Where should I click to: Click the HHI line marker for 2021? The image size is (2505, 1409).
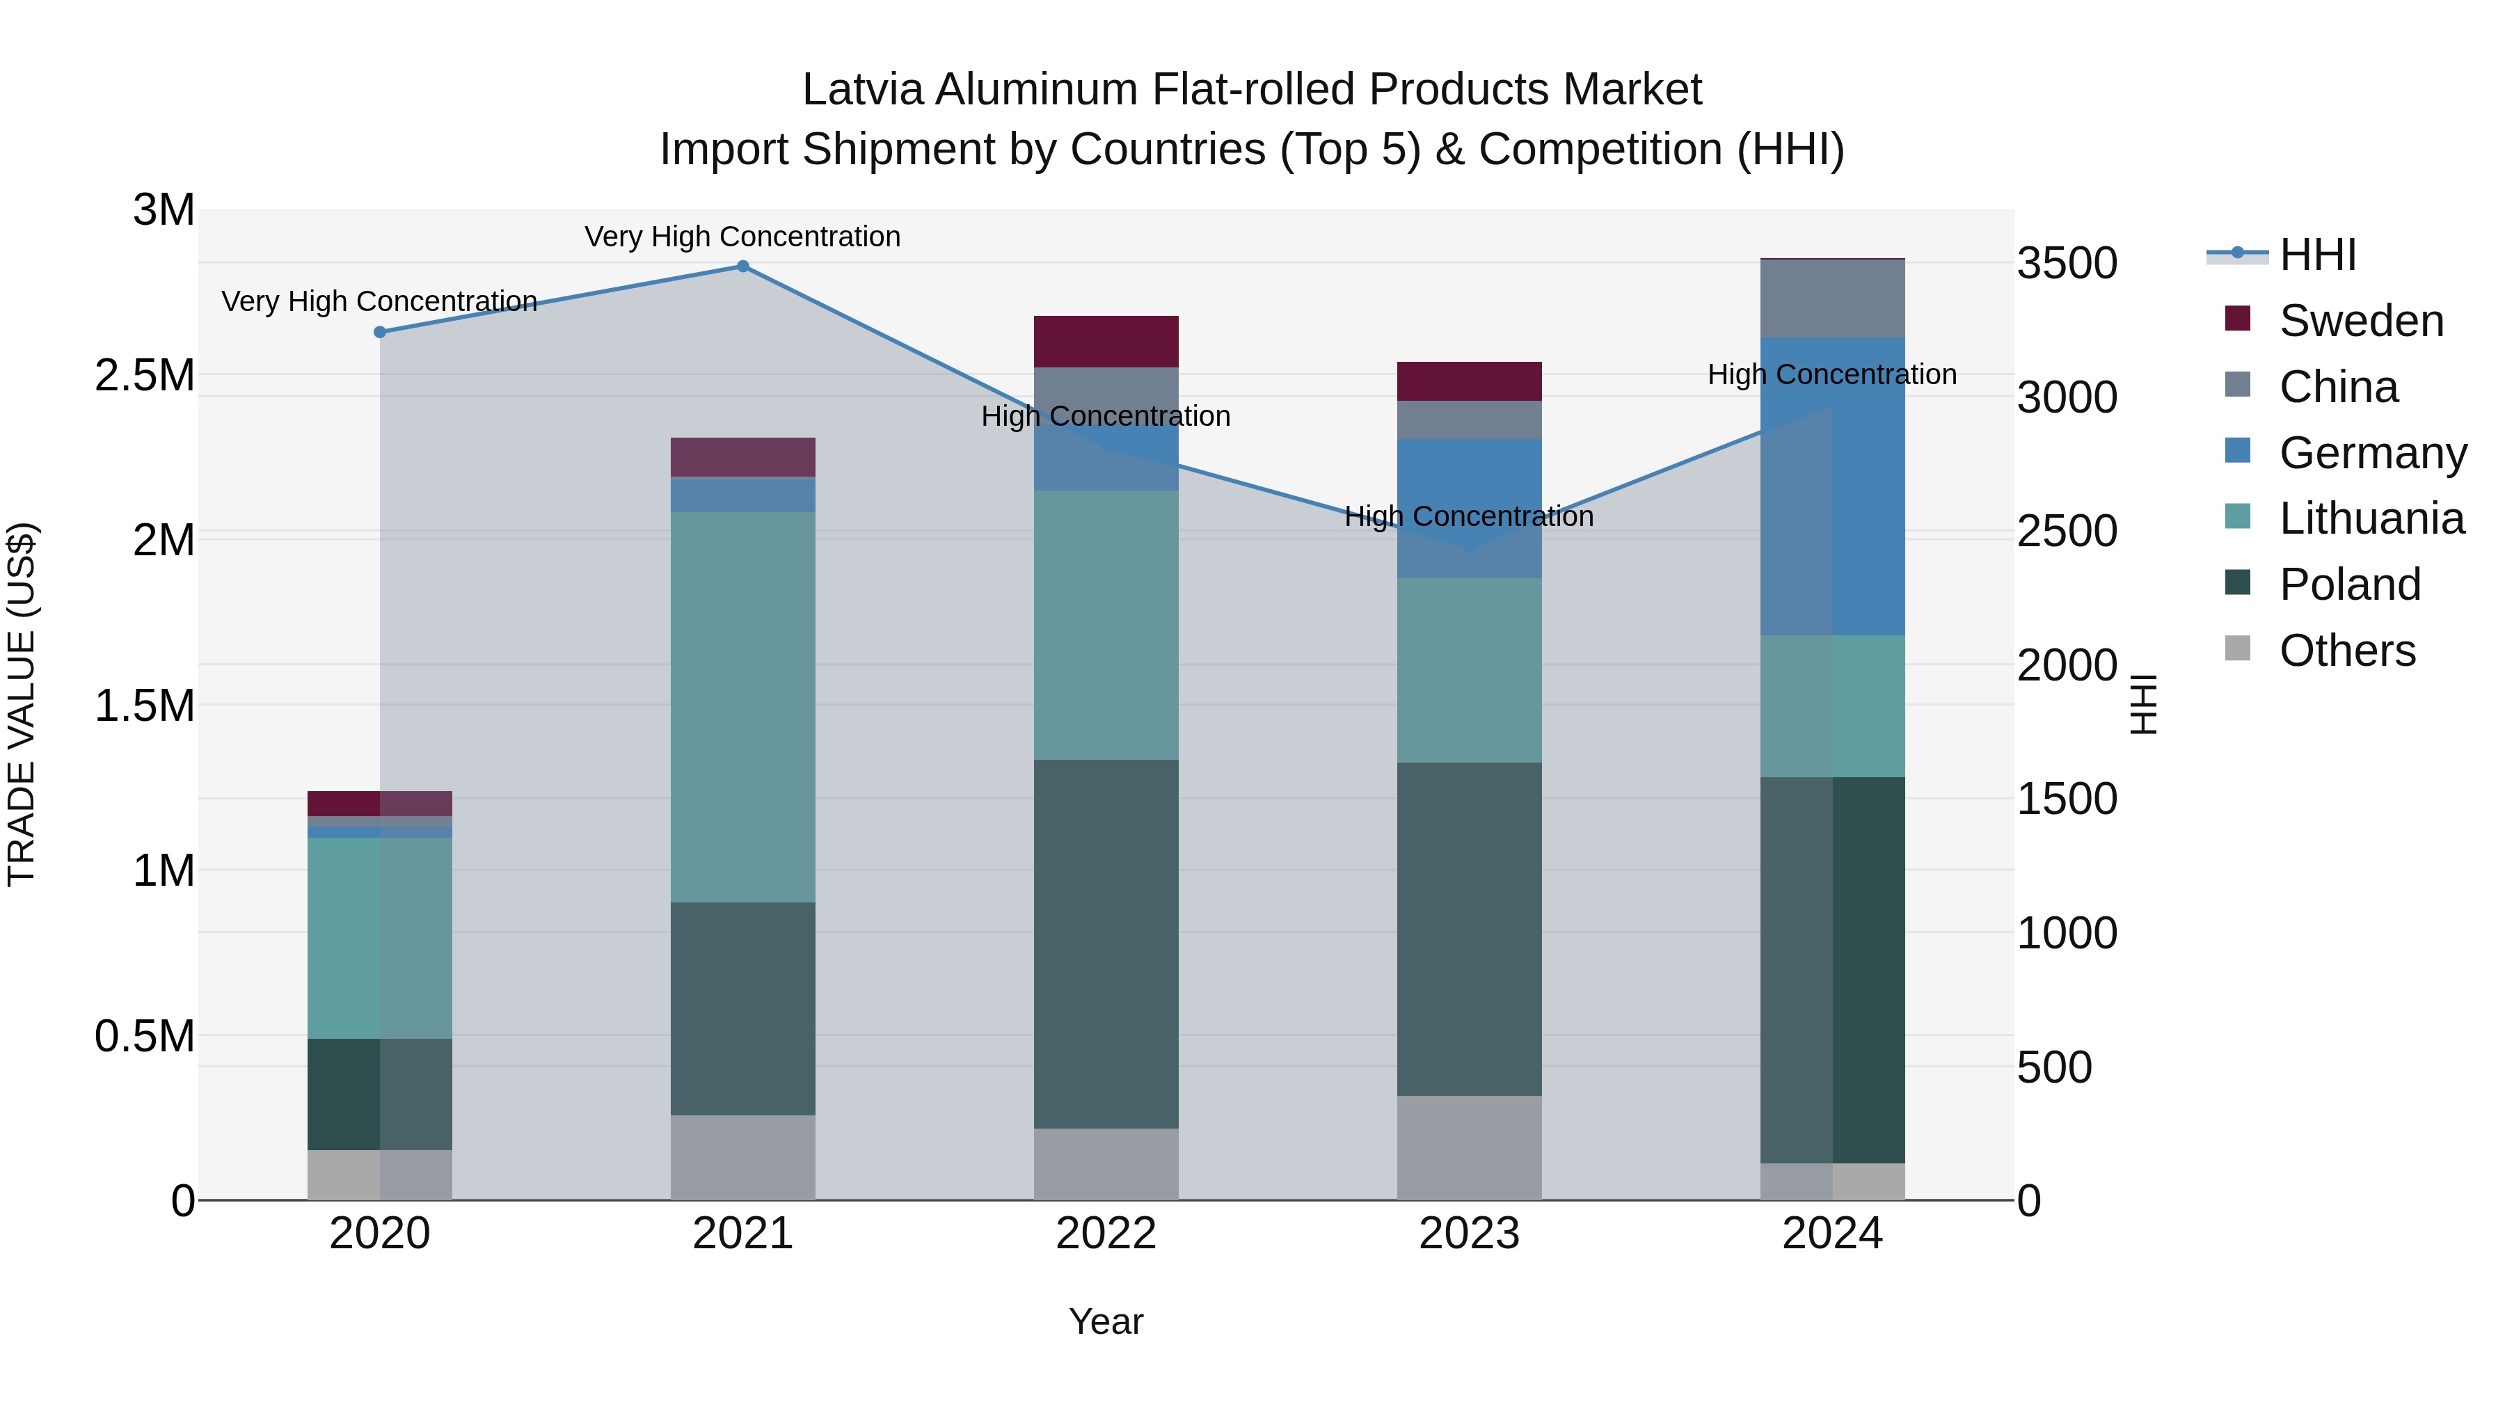743,266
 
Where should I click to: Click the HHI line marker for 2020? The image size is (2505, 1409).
380,333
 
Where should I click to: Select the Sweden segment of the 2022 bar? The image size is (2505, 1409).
1106,342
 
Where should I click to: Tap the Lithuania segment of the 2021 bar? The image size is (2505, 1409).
743,707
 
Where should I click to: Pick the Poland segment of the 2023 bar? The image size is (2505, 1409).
1470,929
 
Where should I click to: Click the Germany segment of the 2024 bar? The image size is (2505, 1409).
1832,486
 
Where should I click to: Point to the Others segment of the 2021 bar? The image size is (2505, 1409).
743,1157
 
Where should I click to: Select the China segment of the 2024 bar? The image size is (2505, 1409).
1832,298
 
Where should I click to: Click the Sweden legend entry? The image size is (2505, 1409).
2360,321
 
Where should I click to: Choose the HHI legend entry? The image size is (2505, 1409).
2317,255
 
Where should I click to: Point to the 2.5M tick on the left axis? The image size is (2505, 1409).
145,375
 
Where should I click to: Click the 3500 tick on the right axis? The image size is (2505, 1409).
2067,264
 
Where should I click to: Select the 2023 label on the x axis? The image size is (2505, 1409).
1470,1233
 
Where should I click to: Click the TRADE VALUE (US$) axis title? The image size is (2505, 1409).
22,704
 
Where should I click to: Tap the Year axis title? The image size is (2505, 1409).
1106,1321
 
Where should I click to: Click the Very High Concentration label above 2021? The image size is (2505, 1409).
743,237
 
